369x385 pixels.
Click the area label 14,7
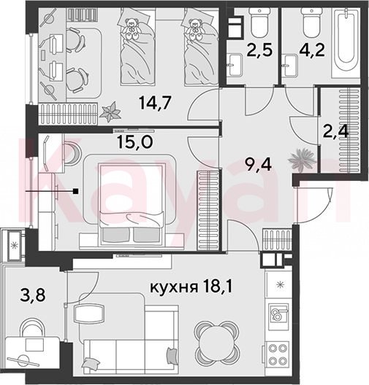pos(155,102)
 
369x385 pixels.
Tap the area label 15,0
pos(135,141)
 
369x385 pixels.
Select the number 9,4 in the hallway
pos(259,164)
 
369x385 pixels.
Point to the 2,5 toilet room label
pos(260,50)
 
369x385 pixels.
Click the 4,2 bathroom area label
pos(312,50)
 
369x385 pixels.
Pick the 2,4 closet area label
pos(336,132)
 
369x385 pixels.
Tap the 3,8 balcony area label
pos(33,295)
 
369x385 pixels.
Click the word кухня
pos(174,287)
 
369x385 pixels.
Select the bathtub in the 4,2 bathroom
pos(346,43)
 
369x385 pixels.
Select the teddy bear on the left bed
pos(131,28)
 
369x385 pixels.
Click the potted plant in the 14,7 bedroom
pos(110,112)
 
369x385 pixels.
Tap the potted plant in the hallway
pos(302,160)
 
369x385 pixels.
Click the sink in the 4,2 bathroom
pos(291,66)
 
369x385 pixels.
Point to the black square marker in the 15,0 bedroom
pos(77,191)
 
